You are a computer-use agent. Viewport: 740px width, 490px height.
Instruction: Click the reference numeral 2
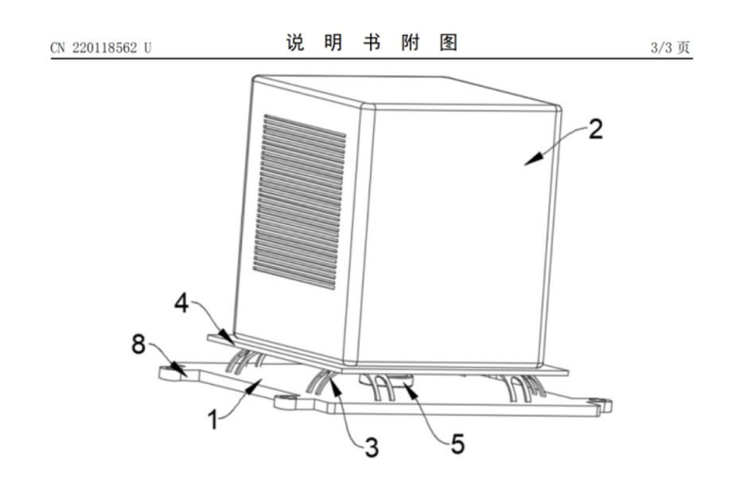click(x=596, y=129)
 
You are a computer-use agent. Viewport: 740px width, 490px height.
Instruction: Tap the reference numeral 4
click(x=181, y=303)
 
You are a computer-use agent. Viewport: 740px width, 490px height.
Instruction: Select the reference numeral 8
click(x=138, y=343)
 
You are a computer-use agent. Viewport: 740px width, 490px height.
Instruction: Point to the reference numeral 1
click(x=213, y=420)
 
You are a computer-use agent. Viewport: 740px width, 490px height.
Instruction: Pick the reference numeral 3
click(x=372, y=447)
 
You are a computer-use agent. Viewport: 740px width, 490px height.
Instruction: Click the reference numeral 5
click(x=458, y=444)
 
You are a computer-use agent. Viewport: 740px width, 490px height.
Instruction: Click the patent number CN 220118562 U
click(x=101, y=48)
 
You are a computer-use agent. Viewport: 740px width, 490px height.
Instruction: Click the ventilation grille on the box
click(x=299, y=202)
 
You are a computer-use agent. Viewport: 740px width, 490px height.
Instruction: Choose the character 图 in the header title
click(x=448, y=42)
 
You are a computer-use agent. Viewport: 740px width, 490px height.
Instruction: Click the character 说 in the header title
click(x=295, y=42)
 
